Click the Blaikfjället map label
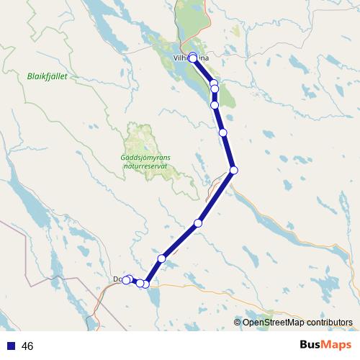[47, 76]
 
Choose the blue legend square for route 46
[11, 346]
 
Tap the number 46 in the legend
[27, 346]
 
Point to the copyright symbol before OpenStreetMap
[238, 322]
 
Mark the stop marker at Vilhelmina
[193, 58]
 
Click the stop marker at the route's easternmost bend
[233, 170]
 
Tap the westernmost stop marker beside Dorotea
[126, 280]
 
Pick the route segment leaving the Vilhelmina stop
[203, 70]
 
